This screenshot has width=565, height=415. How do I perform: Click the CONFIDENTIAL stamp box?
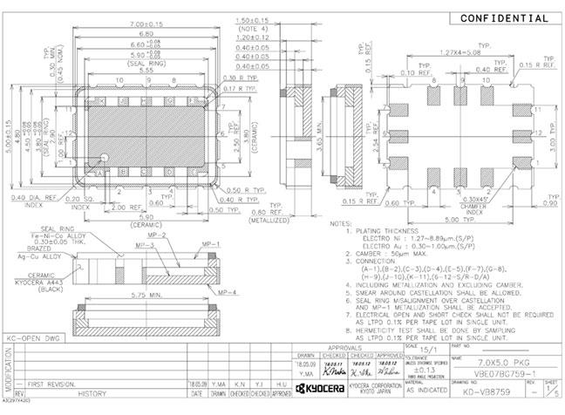pos(504,18)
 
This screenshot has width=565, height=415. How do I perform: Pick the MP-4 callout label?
pos(229,291)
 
